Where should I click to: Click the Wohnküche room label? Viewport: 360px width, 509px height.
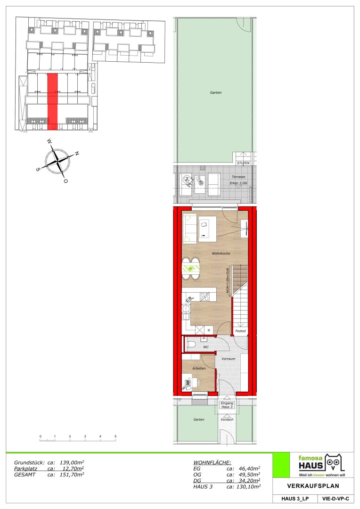pos(221,253)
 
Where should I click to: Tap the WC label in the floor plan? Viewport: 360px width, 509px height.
pos(206,347)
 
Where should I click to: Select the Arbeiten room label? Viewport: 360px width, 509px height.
pos(199,369)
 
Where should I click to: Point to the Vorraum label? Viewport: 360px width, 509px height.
pos(228,359)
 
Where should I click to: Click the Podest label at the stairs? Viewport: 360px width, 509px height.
pos(240,331)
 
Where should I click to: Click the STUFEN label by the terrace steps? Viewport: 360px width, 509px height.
pos(243,163)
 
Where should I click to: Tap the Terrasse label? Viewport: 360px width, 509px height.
pos(238,177)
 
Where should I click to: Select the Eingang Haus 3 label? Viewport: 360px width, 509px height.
pos(227,405)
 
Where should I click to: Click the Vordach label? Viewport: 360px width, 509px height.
pos(227,419)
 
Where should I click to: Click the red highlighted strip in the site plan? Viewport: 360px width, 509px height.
pos(53,101)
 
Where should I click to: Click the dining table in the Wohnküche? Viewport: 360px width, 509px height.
pos(190,269)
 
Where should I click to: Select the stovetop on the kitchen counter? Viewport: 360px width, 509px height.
pos(205,297)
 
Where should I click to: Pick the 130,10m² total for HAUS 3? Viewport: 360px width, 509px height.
pos(247,486)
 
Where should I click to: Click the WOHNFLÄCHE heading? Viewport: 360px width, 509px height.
pos(213,463)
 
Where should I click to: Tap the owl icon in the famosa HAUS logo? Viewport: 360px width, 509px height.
pos(335,463)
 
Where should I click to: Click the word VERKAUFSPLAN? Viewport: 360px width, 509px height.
pos(313,486)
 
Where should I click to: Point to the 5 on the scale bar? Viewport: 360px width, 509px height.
pos(115,436)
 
